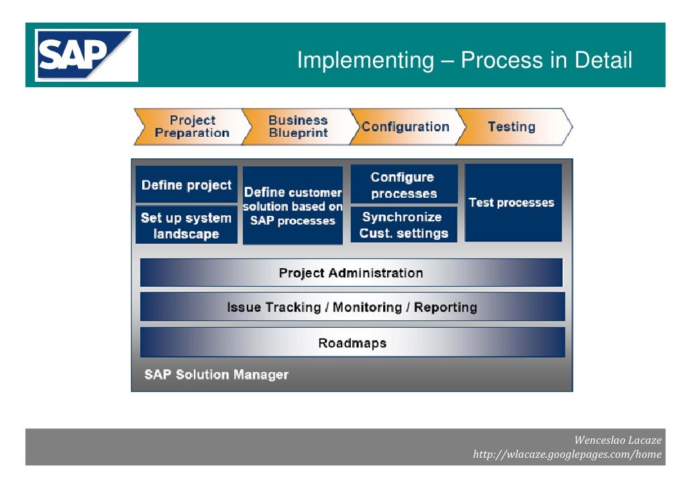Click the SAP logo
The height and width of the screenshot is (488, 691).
(x=87, y=55)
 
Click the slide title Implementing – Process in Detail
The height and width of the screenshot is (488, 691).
(x=464, y=60)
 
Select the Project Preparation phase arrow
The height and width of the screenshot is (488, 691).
(x=191, y=127)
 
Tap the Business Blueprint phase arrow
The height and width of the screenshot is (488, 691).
(x=297, y=127)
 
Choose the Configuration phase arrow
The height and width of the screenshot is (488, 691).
(x=405, y=127)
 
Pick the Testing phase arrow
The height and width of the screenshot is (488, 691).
(x=512, y=127)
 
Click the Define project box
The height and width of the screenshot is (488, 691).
(x=187, y=185)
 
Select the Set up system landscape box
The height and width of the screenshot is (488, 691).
(x=187, y=225)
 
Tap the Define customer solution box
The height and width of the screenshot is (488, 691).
(x=293, y=206)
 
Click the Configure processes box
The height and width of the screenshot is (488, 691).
(x=404, y=185)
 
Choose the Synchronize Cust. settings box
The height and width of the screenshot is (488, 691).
(x=404, y=225)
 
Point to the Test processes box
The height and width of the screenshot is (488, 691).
(x=512, y=202)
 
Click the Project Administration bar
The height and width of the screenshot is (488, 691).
(x=351, y=273)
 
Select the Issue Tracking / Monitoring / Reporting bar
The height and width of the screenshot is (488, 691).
(x=352, y=307)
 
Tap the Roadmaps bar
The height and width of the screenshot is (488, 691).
(x=352, y=343)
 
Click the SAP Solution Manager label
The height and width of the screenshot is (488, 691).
(x=216, y=374)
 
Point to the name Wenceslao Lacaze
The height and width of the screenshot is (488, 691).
(x=618, y=440)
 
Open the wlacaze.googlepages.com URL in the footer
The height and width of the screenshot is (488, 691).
(x=567, y=454)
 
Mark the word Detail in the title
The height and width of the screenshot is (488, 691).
(x=603, y=60)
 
